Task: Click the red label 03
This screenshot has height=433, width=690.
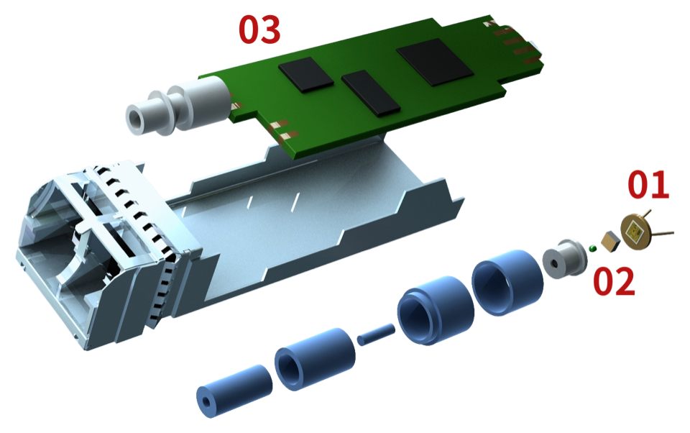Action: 259,29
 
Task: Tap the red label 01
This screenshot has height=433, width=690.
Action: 648,184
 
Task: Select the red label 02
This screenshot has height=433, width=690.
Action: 614,281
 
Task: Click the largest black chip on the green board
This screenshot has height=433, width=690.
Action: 435,61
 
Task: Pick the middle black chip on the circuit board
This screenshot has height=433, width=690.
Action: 371,93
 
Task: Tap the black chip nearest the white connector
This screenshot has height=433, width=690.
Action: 306,74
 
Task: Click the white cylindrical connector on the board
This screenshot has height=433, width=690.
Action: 178,109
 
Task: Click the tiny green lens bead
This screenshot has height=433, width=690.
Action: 592,248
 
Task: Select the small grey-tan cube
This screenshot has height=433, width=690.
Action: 610,242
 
